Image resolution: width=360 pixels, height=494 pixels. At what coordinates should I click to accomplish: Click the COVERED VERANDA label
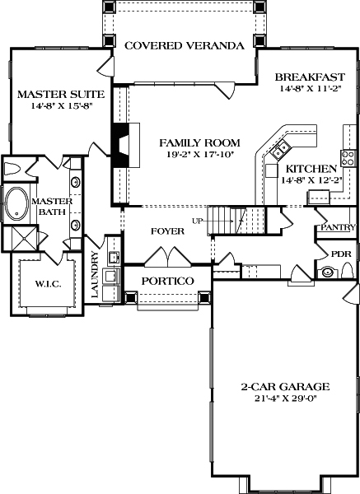pos(184,45)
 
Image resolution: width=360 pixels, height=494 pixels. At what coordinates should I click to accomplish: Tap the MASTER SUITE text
pos(51,94)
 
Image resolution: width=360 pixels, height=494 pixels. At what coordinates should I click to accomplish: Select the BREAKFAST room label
pos(310,77)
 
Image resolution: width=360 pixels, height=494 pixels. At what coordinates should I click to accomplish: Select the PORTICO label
pos(167,282)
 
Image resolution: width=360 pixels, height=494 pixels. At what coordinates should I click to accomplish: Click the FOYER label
pos(166,231)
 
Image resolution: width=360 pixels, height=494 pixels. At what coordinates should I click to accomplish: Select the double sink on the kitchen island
pos(281,148)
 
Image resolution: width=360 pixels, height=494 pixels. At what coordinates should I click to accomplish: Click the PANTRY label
pos(339,227)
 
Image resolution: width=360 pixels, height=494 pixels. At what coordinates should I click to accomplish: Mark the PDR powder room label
pos(340,254)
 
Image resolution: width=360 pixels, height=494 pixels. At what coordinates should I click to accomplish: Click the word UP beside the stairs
pos(197,221)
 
